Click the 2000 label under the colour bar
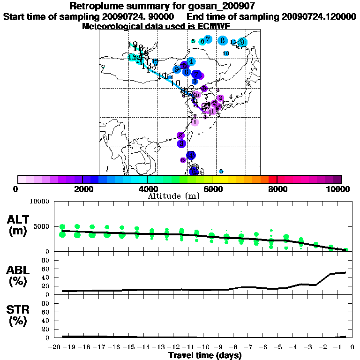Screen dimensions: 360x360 pyautogui.click(x=82, y=189)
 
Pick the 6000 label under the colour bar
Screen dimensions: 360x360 pyautogui.click(x=212, y=189)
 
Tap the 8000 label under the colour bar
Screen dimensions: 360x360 pyautogui.click(x=277, y=189)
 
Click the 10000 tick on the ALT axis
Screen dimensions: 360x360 pyautogui.click(x=40, y=202)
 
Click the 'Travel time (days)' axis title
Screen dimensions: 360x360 pyautogui.click(x=205, y=355)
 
